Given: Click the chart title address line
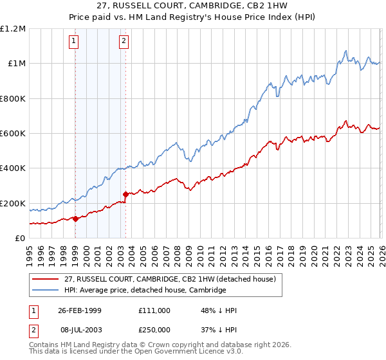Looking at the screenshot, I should (x=192, y=6).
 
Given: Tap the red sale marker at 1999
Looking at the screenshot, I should (x=75, y=219).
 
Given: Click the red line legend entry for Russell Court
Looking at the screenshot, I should (x=170, y=279).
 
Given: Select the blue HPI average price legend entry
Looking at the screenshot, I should (x=145, y=290).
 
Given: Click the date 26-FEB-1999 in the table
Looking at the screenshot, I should (x=79, y=310).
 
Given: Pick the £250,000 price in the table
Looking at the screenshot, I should (x=154, y=329).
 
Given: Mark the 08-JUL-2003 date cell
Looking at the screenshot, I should (x=79, y=329).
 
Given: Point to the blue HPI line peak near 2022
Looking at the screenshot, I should (x=346, y=51).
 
